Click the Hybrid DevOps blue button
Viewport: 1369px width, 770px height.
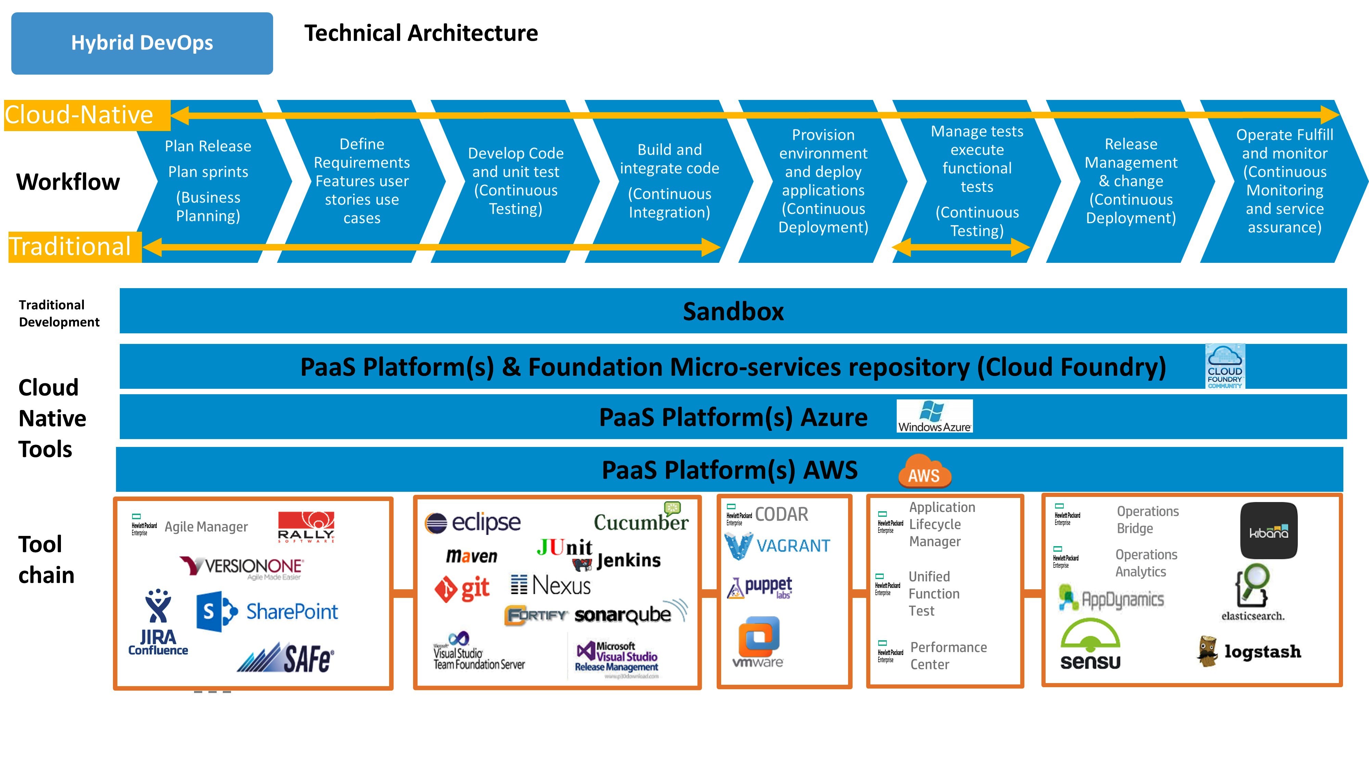tap(142, 43)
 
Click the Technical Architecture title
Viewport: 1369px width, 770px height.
tap(421, 33)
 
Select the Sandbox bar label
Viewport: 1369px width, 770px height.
tap(733, 311)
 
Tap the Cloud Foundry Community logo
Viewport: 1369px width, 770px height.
tap(1225, 367)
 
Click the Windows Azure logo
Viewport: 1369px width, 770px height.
tap(934, 416)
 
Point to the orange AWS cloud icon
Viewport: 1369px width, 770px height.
tap(924, 471)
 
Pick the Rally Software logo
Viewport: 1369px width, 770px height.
tap(306, 527)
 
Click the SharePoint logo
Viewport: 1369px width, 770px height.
tap(267, 612)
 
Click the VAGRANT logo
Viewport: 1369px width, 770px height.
tap(777, 546)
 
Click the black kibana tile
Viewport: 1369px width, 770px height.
tap(1269, 530)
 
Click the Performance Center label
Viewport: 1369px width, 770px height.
tap(948, 656)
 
